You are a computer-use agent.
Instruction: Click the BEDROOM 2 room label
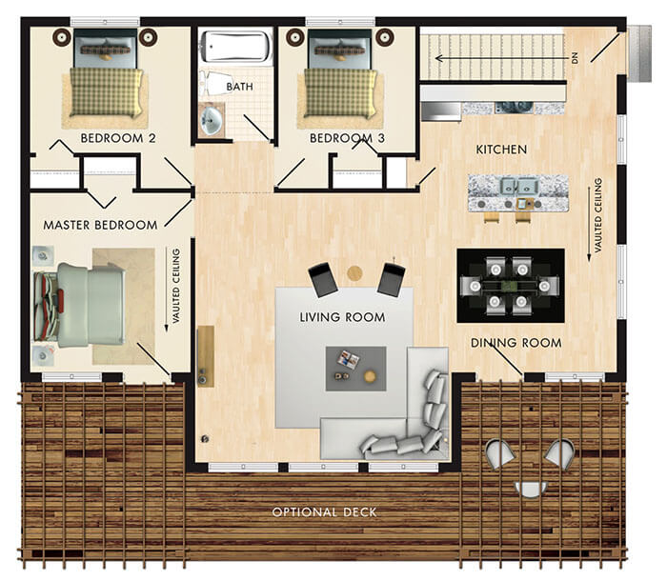pyautogui.click(x=118, y=138)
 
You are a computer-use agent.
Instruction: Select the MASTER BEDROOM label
pyautogui.click(x=100, y=225)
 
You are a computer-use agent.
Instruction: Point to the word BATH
pyautogui.click(x=239, y=87)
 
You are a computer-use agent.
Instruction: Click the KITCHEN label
pyautogui.click(x=501, y=150)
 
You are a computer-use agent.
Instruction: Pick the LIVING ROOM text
pyautogui.click(x=342, y=316)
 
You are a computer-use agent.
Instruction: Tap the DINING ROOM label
pyautogui.click(x=515, y=342)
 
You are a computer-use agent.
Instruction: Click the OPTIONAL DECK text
pyautogui.click(x=324, y=512)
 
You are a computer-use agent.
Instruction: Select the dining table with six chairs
pyautogui.click(x=510, y=285)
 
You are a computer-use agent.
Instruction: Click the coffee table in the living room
pyautogui.click(x=355, y=367)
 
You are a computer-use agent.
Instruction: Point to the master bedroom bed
pyautogui.click(x=81, y=305)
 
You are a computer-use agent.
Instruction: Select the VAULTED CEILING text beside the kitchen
pyautogui.click(x=598, y=215)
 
